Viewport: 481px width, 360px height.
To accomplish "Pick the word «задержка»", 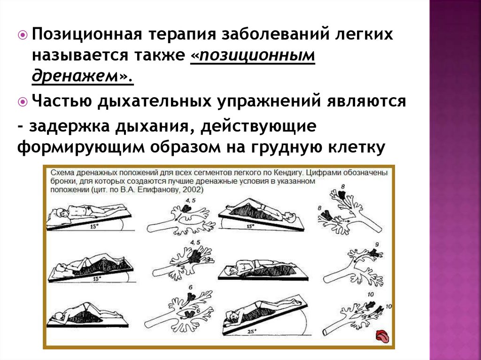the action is [70, 127].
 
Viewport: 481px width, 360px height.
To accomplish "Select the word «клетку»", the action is [357, 147].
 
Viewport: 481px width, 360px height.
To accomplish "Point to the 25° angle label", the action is [251, 332].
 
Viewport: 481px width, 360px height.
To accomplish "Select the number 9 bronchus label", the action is [377, 245].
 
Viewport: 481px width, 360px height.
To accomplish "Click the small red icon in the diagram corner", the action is [382, 337].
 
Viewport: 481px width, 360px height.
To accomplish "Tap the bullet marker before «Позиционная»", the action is [23, 35].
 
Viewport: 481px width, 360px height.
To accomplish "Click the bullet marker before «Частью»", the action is [23, 102].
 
